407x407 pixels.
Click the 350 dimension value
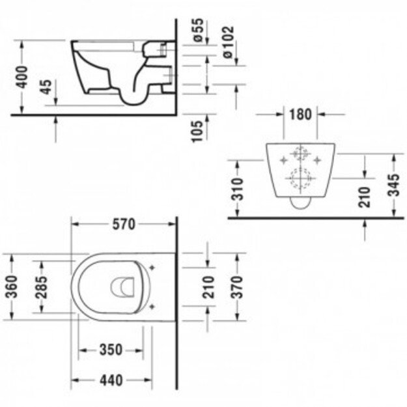[111, 350]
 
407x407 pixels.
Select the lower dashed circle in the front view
[300, 178]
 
